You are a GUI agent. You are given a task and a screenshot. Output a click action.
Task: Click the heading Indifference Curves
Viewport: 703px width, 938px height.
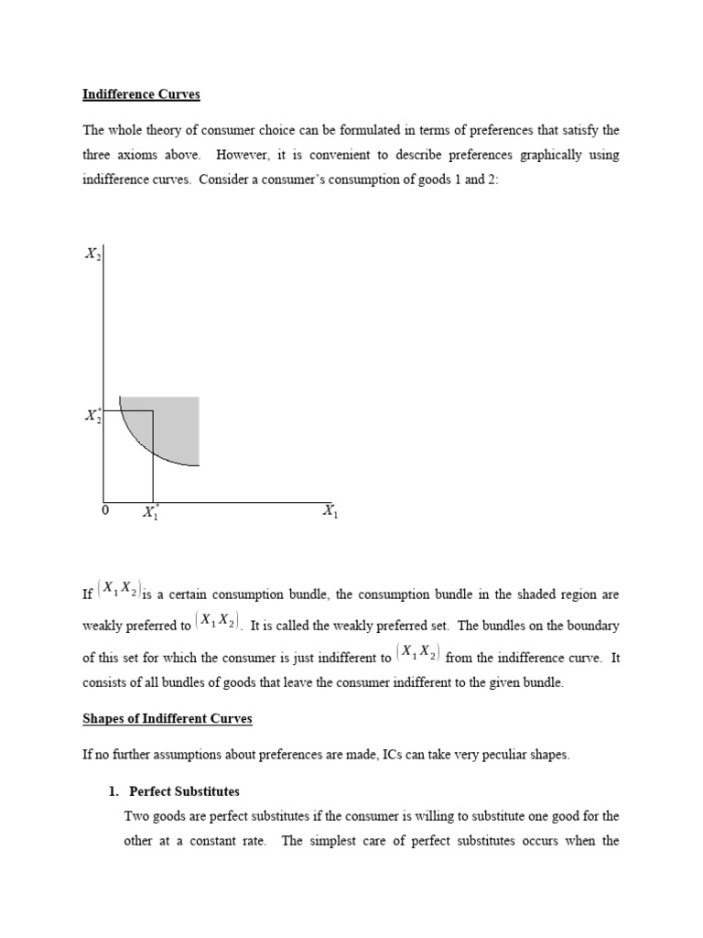click(141, 95)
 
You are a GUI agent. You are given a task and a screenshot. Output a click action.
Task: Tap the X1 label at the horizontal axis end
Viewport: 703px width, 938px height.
click(330, 511)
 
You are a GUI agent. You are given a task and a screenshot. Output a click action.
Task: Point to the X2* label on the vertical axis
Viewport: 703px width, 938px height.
click(93, 415)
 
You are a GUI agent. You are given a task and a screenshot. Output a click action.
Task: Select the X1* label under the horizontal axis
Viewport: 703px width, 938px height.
click(151, 512)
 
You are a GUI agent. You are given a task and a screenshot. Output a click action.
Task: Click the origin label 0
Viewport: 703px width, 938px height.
click(104, 511)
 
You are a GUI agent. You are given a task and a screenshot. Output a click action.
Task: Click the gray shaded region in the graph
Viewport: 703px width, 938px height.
click(178, 426)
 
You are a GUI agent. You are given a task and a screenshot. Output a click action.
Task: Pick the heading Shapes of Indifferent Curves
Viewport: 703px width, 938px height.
click(168, 719)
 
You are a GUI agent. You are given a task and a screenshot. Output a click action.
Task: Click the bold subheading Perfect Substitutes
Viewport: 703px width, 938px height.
click(184, 791)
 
